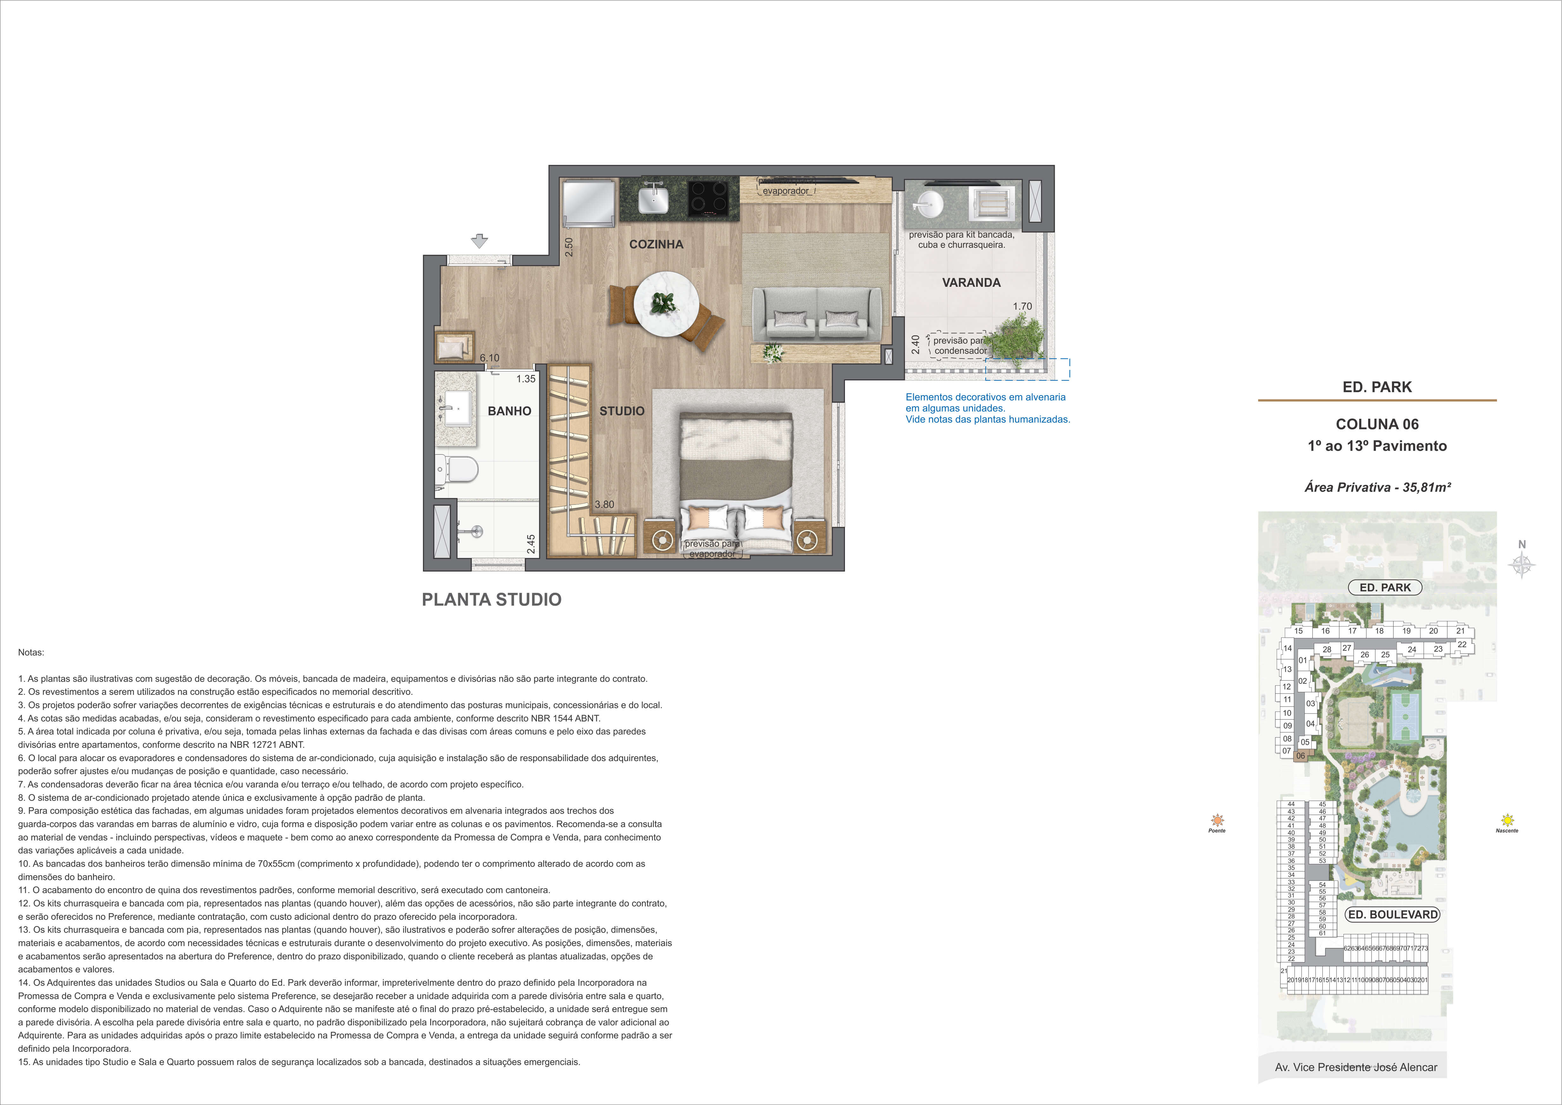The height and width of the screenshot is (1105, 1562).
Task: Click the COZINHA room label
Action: coord(656,244)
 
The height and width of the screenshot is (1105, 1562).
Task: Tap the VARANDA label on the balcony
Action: coord(971,282)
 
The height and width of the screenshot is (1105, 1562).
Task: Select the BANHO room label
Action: coord(510,411)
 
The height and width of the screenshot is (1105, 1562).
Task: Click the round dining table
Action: coord(666,304)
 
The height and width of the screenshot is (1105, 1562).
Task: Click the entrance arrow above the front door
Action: coord(480,241)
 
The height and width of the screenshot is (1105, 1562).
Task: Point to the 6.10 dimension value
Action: coord(489,358)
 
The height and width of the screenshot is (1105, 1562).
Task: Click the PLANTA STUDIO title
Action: coord(492,599)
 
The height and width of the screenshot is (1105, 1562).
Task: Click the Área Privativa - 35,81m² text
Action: coord(1377,487)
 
